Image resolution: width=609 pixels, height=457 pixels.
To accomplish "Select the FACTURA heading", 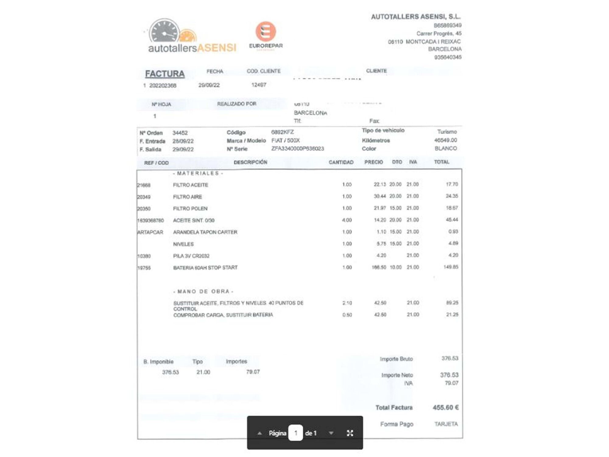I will tap(165, 74).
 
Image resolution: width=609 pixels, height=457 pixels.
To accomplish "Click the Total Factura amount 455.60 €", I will tap(445, 407).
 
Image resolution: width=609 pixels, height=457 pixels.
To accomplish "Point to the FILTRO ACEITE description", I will tap(190, 185).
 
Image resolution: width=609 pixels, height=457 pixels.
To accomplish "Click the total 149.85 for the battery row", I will tap(451, 267).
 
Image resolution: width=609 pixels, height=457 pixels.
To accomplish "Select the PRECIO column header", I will tap(373, 162).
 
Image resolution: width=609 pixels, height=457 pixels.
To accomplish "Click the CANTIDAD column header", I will tap(341, 162).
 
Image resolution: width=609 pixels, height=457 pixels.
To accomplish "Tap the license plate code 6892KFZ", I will tap(282, 132).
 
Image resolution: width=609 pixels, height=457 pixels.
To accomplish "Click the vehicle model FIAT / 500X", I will tap(285, 140).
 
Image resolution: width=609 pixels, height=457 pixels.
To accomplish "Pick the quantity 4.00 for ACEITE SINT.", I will tap(347, 220).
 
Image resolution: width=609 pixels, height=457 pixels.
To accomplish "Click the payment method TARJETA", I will tap(446, 424).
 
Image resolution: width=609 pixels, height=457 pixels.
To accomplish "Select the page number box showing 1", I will tap(295, 433).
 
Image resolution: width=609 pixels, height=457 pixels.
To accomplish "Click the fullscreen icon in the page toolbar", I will tap(350, 433).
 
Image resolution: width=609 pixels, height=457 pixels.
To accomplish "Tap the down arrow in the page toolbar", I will tap(331, 433).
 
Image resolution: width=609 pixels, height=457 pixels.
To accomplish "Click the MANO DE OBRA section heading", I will tap(203, 291).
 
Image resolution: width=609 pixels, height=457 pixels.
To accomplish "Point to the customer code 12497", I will tap(259, 85).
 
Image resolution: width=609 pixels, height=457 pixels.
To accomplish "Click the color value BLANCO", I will tap(445, 148).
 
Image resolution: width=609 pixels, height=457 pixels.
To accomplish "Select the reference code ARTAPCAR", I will tap(150, 232).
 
